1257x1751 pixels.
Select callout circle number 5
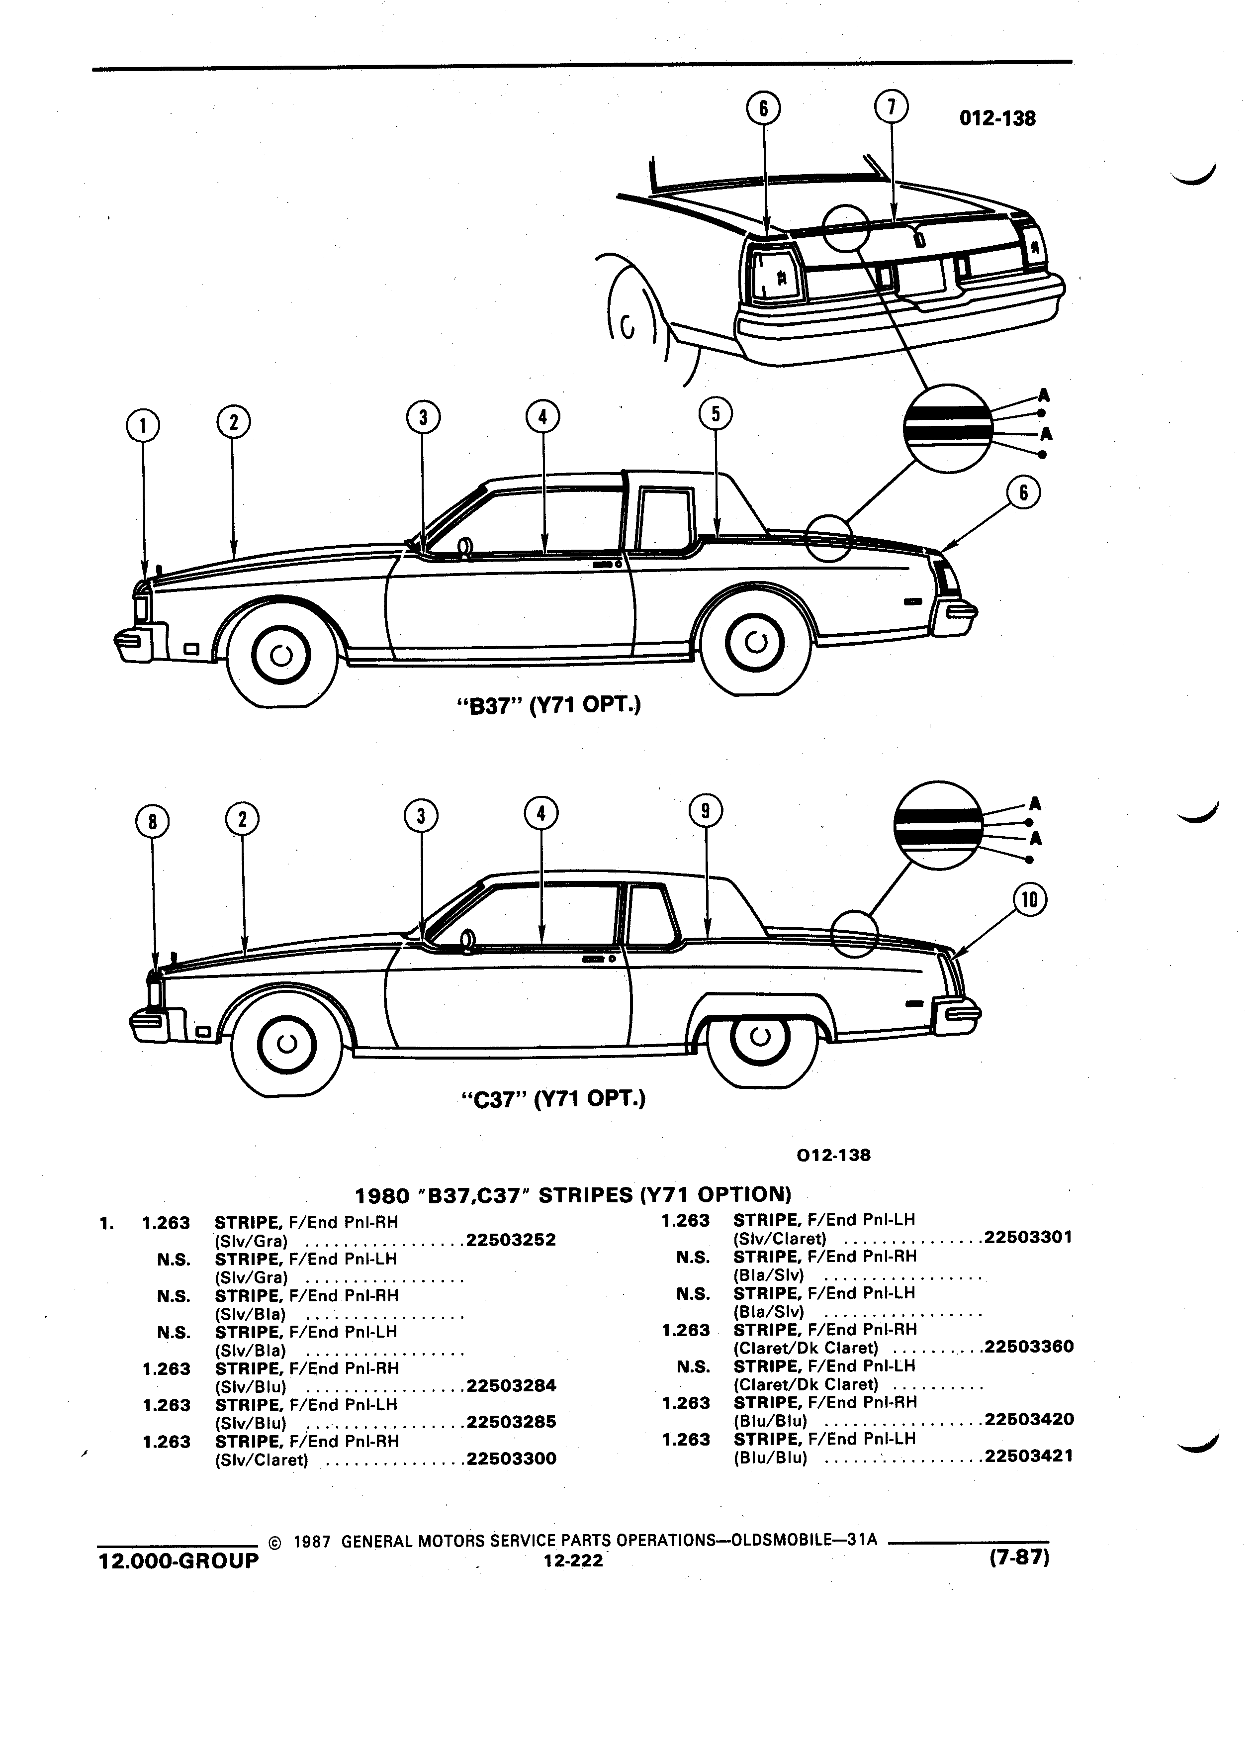pyautogui.click(x=716, y=414)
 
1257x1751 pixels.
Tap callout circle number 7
pyautogui.click(x=891, y=107)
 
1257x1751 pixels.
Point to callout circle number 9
pyautogui.click(x=706, y=811)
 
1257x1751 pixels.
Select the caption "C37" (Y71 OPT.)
pyautogui.click(x=552, y=1098)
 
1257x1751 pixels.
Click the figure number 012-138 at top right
pyautogui.click(x=997, y=119)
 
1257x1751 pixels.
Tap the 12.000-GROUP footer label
pyautogui.click(x=178, y=1560)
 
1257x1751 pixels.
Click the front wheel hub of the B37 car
pyautogui.click(x=281, y=656)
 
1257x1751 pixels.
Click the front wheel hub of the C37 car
pyautogui.click(x=286, y=1044)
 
